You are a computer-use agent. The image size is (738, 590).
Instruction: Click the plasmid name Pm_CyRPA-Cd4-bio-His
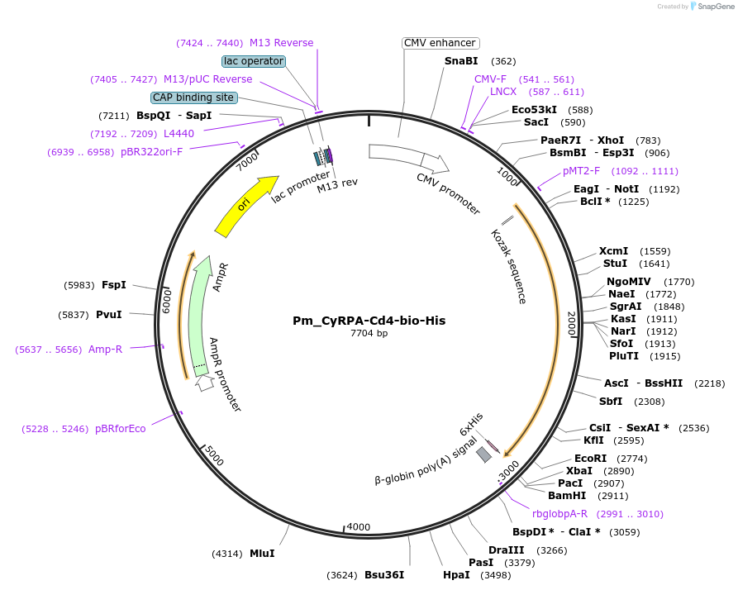[369, 321]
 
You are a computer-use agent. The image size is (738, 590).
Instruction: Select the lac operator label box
[254, 61]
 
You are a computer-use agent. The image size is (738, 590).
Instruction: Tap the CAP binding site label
[194, 98]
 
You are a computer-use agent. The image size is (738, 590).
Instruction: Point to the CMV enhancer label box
[440, 43]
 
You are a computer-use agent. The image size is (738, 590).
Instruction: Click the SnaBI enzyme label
[461, 61]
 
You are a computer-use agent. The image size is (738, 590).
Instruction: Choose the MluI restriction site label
[262, 553]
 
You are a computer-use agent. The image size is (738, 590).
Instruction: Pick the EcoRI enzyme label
[591, 458]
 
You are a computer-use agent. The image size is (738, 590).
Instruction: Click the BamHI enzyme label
[567, 495]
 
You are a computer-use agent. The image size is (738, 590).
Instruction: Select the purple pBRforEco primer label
[121, 429]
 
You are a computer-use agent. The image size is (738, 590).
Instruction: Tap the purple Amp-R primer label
[106, 350]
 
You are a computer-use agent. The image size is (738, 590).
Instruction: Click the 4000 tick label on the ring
[359, 526]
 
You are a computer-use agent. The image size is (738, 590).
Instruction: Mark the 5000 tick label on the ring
[213, 455]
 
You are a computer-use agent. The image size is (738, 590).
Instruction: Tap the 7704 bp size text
[369, 334]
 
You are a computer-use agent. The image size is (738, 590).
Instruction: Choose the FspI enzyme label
[114, 285]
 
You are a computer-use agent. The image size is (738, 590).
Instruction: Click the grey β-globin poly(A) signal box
[483, 454]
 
